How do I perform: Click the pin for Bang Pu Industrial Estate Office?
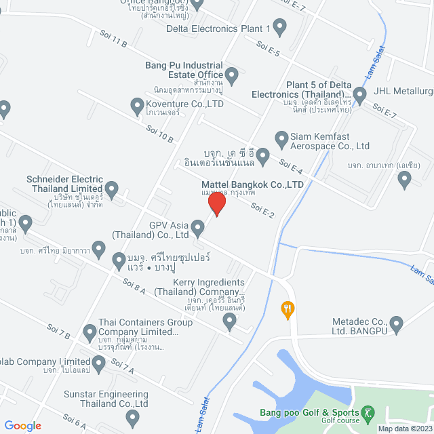tap(232, 76)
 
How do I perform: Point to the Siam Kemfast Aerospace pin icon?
tap(281, 139)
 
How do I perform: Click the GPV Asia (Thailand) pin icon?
tap(197, 228)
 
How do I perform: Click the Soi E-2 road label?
tap(262, 210)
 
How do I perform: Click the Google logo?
tap(22, 426)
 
